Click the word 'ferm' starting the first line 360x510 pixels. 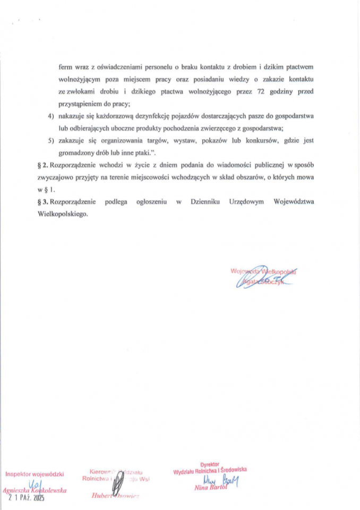pyautogui.click(x=65, y=68)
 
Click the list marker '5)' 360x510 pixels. pyautogui.click(x=51, y=141)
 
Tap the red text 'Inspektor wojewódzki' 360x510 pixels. pyautogui.click(x=35, y=473)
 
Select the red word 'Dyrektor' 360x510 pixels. pyautogui.click(x=210, y=464)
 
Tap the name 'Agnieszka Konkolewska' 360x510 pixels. pyautogui.click(x=35, y=491)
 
